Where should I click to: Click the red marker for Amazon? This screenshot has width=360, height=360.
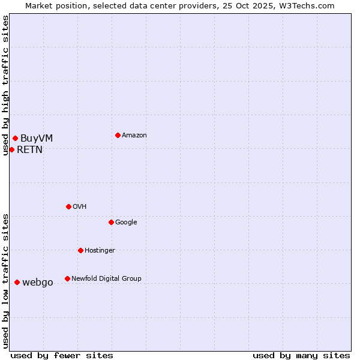(x=118, y=135)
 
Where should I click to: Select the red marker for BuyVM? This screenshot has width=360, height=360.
(x=15, y=139)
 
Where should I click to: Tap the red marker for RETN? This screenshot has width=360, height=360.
(x=11, y=149)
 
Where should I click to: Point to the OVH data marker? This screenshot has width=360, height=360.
(x=68, y=206)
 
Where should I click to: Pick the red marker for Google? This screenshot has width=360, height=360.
(x=111, y=222)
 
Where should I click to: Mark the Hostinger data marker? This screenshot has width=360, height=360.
(x=80, y=250)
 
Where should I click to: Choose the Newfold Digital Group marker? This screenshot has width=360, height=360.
(x=67, y=278)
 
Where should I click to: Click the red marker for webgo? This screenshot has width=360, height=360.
(x=17, y=282)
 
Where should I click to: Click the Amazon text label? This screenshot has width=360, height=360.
(x=134, y=136)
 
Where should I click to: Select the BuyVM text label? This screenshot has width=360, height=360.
(x=37, y=139)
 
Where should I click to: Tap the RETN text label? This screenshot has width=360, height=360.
(x=29, y=150)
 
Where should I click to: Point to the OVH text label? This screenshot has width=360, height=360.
(x=80, y=207)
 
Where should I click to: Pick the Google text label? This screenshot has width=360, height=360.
(x=126, y=223)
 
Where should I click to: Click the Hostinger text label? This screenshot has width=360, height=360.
(x=100, y=251)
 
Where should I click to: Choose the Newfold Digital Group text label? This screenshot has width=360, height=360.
(x=106, y=279)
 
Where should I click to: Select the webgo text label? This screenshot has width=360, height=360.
(x=38, y=283)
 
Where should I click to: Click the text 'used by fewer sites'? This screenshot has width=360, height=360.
(x=62, y=355)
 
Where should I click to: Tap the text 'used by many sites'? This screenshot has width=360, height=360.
(x=301, y=355)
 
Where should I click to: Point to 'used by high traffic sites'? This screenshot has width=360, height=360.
(x=5, y=85)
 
